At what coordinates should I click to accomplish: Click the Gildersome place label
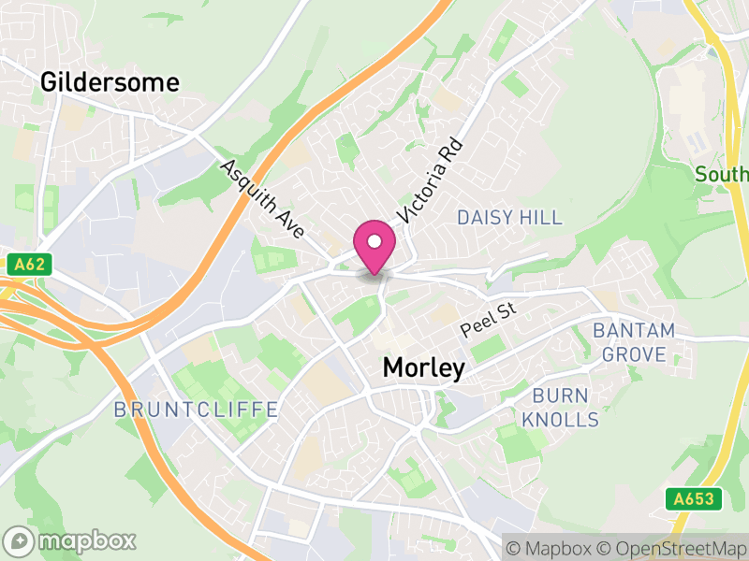click(x=110, y=82)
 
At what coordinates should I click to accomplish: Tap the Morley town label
click(x=423, y=368)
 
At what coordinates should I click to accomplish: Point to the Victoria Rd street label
click(x=430, y=181)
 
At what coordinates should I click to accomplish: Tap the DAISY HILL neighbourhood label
click(x=509, y=218)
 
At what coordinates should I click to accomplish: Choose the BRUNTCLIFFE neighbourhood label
click(x=196, y=410)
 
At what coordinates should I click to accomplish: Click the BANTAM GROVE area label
click(x=634, y=342)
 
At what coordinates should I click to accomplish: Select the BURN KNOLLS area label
click(x=560, y=407)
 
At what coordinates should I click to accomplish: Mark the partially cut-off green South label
click(x=721, y=174)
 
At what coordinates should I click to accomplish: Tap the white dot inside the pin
click(x=374, y=242)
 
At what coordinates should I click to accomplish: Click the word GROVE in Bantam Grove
click(x=634, y=354)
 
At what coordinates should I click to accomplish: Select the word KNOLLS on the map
click(x=560, y=420)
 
